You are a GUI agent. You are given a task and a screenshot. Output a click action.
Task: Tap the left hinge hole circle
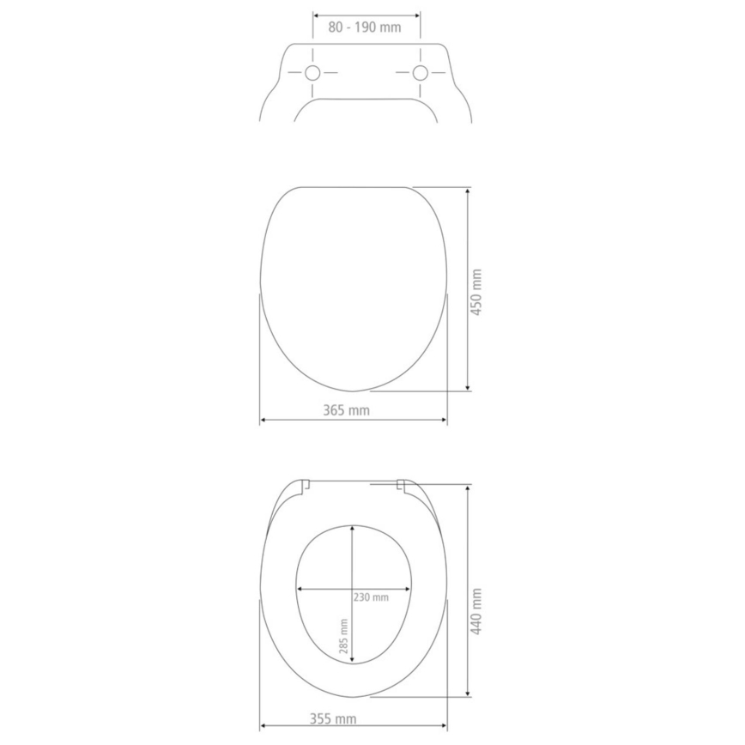coord(312,73)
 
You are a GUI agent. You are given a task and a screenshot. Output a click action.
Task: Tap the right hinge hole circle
coord(421,73)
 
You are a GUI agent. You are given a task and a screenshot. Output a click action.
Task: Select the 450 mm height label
coord(477,291)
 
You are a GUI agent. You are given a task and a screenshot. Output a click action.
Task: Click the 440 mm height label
coord(477,610)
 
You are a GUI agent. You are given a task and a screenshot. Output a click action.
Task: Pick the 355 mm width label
coord(335,718)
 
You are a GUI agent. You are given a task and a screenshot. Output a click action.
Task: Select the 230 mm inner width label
coord(371,597)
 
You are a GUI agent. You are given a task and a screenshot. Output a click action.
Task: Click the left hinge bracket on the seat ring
coord(304,487)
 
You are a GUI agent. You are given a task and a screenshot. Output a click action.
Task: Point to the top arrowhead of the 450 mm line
coord(467,191)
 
